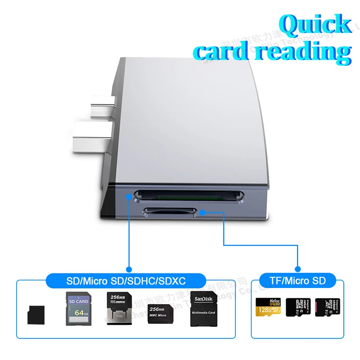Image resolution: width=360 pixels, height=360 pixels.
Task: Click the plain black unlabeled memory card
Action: (x=36, y=314)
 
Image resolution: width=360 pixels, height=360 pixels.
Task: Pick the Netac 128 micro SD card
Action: (x=268, y=307)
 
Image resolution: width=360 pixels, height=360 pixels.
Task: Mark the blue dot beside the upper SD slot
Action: (x=129, y=197)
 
